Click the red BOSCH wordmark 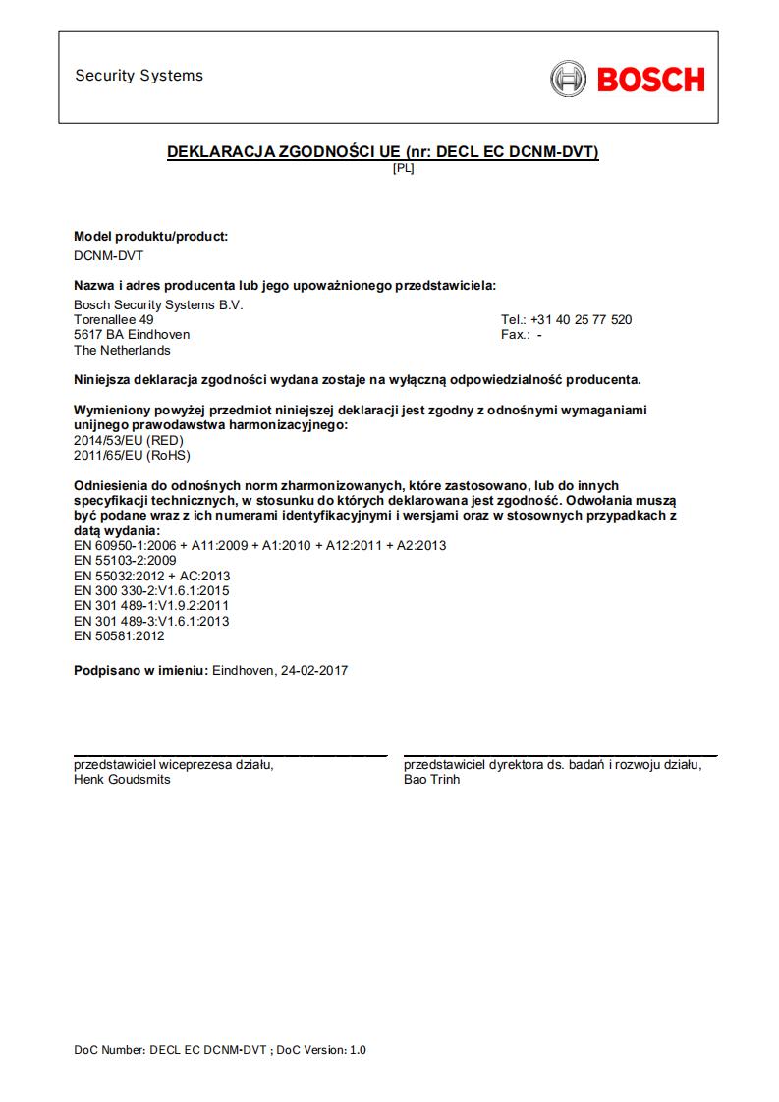tap(650, 79)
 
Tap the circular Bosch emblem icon tap(568, 79)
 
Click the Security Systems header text tap(139, 76)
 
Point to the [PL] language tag tap(403, 168)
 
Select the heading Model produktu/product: tap(151, 237)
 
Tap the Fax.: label tap(517, 335)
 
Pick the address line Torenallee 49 tap(114, 320)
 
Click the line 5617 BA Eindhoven tap(132, 335)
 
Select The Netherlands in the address tap(122, 351)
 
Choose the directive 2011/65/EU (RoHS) tap(132, 456)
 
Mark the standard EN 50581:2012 tap(119, 636)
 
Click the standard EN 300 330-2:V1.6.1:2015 tap(151, 591)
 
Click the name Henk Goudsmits tap(122, 780)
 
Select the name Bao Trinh tap(431, 780)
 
